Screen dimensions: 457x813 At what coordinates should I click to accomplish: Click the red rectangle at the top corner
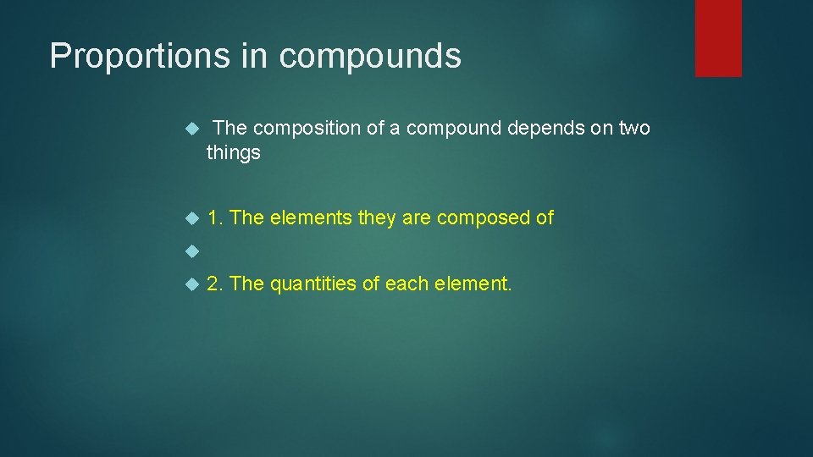click(718, 38)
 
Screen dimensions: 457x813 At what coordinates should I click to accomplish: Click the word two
click(633, 128)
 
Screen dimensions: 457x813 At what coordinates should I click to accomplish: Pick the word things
click(234, 153)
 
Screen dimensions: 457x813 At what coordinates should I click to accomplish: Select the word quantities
click(314, 284)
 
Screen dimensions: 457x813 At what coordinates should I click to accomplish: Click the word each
click(408, 284)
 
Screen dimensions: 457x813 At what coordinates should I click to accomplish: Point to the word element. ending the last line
click(475, 284)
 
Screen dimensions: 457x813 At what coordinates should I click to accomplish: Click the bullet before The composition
click(191, 129)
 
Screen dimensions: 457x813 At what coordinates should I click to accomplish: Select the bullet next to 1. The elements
click(191, 218)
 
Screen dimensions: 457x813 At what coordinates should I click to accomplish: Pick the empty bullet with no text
click(191, 251)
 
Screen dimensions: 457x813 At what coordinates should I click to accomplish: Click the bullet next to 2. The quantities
click(191, 284)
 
